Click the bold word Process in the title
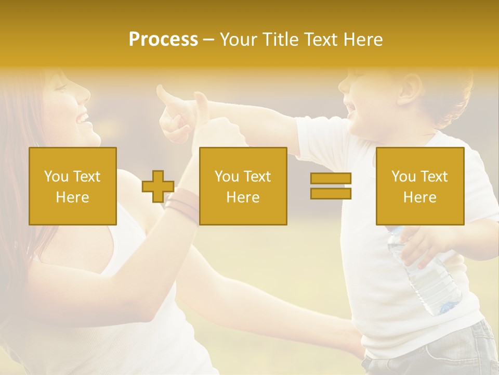[x=163, y=40]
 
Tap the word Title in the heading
[x=281, y=40]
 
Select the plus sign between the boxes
[x=158, y=186]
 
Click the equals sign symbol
[x=331, y=186]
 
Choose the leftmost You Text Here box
[x=73, y=186]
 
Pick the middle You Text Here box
[x=243, y=186]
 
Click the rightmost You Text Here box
[x=420, y=186]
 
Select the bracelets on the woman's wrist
[x=182, y=206]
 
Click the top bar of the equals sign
[x=331, y=179]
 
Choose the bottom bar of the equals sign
[x=331, y=193]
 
